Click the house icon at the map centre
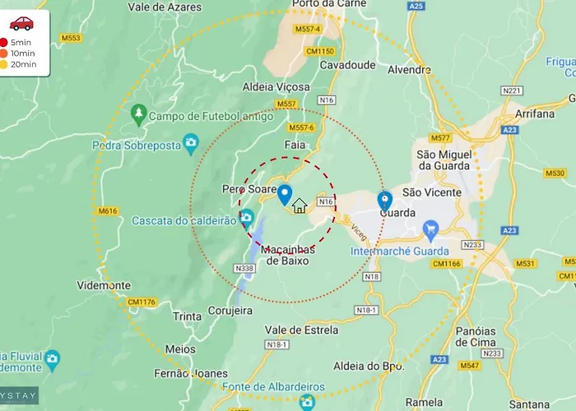(x=300, y=205)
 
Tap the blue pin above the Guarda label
(x=384, y=200)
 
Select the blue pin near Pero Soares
(x=285, y=195)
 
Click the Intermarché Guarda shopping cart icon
(x=430, y=228)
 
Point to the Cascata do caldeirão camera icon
(x=247, y=219)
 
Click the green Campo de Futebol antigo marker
(x=138, y=113)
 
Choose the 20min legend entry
(x=17, y=64)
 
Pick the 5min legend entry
(x=17, y=42)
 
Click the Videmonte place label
(x=104, y=285)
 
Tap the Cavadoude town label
(x=341, y=64)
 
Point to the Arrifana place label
(x=535, y=113)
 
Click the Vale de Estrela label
(x=301, y=330)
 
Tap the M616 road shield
(x=107, y=210)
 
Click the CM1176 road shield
(x=142, y=302)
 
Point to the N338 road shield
(x=244, y=268)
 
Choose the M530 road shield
(x=555, y=173)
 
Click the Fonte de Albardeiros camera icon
(x=307, y=402)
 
